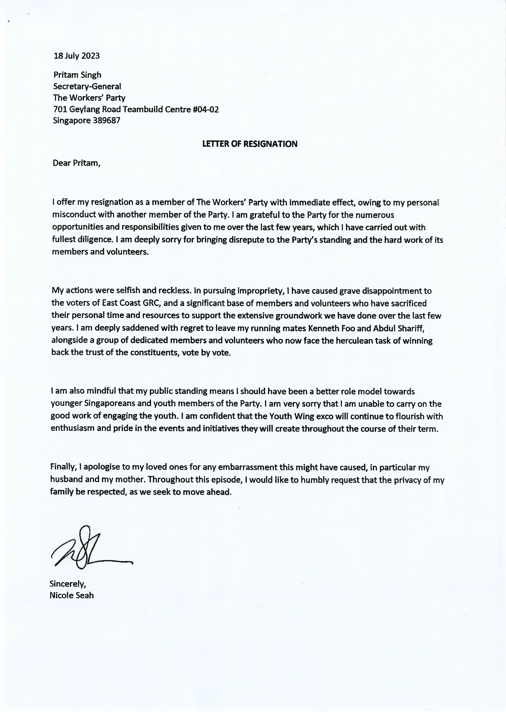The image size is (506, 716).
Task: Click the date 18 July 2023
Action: coord(77,56)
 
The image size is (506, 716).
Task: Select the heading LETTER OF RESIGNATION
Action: coord(250,144)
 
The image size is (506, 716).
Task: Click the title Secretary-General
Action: coord(87,86)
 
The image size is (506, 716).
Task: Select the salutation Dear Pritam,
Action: coord(76,163)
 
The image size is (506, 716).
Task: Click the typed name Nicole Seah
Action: coord(71,595)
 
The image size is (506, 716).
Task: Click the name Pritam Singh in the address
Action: coord(77,75)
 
